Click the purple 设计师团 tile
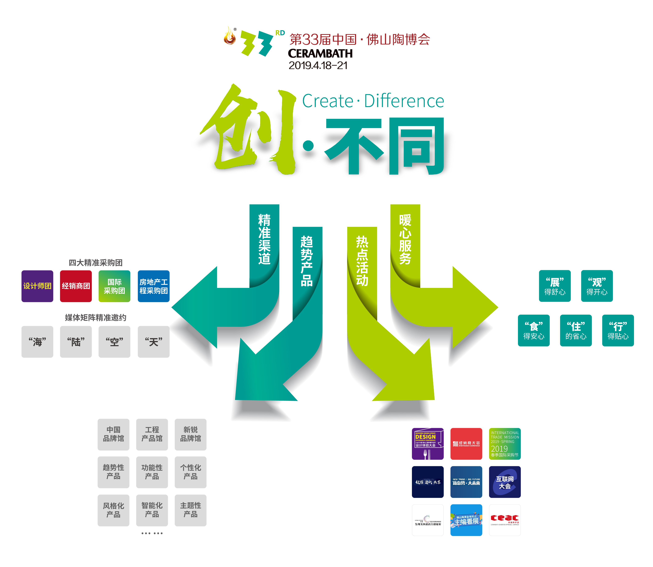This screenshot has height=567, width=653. (37, 286)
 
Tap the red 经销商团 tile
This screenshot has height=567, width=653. (76, 286)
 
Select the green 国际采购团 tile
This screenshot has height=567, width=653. (114, 286)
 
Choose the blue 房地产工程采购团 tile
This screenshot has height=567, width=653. (154, 286)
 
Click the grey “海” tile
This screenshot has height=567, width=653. (37, 342)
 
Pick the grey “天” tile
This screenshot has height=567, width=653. (154, 342)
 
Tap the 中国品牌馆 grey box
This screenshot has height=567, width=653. (113, 434)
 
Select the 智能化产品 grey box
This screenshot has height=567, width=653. (152, 510)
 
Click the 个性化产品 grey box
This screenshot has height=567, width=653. (191, 472)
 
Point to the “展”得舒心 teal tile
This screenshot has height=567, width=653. (555, 286)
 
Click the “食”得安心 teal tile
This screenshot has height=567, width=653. (534, 330)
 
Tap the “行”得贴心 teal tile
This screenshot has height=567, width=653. (618, 330)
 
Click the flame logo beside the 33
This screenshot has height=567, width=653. (230, 36)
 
